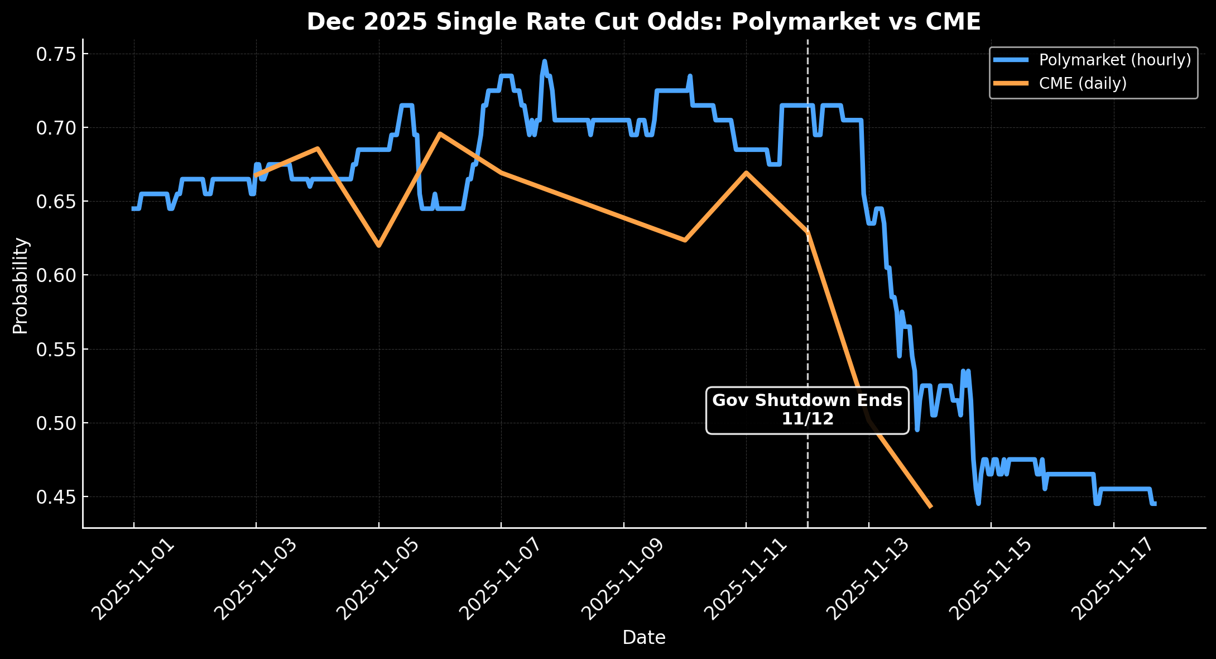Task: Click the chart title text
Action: (643, 22)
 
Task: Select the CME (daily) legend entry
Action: (1082, 83)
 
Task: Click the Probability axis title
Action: (20, 285)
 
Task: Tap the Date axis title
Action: (643, 637)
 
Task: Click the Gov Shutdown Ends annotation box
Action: (807, 410)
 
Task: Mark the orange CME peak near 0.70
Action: (440, 133)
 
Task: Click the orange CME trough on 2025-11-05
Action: (379, 246)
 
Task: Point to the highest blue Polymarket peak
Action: (544, 61)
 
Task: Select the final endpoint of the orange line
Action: (930, 507)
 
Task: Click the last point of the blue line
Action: (1155, 504)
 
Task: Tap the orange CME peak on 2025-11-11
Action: (746, 173)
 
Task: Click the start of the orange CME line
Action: (256, 175)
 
